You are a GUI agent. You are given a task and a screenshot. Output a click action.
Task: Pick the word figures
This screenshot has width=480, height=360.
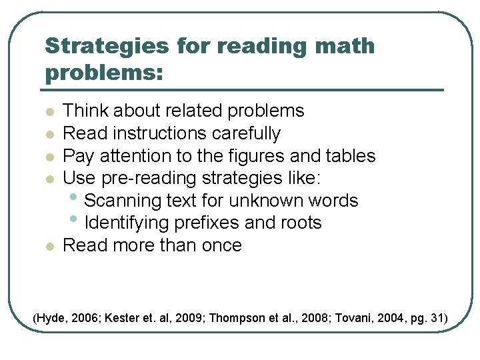[x=263, y=156]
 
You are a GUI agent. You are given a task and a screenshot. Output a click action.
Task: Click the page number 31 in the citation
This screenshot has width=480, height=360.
[x=437, y=318]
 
